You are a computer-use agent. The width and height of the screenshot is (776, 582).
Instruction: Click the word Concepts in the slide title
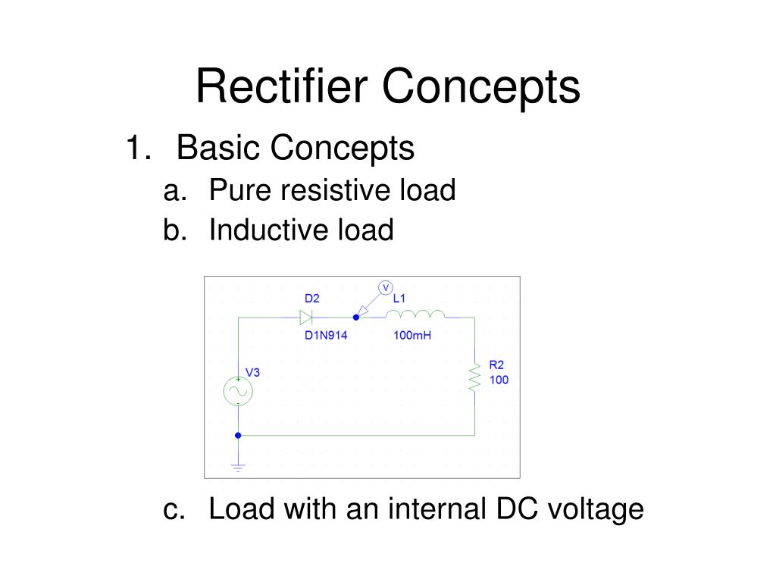(480, 86)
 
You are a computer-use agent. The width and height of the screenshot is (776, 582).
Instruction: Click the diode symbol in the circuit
(306, 318)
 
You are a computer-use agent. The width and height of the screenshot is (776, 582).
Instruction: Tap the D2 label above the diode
(311, 299)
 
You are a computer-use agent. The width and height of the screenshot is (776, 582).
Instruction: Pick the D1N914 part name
(325, 335)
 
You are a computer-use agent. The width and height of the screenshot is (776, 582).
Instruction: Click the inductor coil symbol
(415, 315)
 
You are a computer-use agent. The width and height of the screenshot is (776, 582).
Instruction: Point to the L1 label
(399, 299)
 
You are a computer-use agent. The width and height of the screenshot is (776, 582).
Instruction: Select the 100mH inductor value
(411, 335)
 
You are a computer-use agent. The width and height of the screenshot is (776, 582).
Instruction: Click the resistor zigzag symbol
(475, 377)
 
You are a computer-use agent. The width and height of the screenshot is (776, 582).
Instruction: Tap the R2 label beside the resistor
(496, 365)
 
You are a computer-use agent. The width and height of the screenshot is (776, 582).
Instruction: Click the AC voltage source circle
(238, 391)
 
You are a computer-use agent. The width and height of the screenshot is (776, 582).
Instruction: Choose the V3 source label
(252, 372)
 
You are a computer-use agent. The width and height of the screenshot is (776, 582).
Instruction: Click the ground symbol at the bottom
(238, 468)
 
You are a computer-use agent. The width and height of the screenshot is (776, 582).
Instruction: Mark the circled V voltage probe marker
(385, 287)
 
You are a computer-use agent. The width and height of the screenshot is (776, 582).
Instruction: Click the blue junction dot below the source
(238, 436)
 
